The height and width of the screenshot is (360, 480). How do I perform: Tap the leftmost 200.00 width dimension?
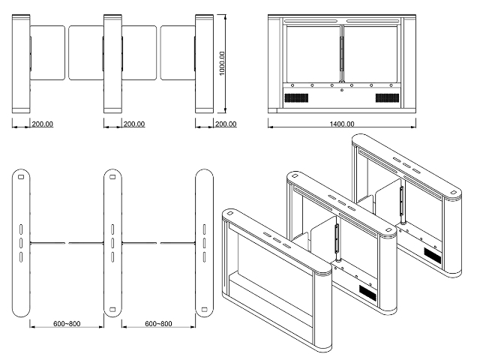[x=42, y=124]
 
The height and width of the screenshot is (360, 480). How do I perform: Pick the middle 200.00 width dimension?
[x=134, y=124]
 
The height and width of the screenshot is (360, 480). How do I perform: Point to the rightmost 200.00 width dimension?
[x=225, y=124]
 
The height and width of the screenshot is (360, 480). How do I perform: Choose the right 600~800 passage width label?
[x=158, y=323]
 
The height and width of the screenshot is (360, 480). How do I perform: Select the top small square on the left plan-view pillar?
[x=22, y=177]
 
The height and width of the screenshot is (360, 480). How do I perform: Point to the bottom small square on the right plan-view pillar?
[x=203, y=307]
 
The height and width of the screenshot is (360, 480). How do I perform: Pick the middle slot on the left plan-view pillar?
[x=22, y=242]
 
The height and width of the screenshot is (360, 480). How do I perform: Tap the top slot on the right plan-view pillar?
[x=203, y=228]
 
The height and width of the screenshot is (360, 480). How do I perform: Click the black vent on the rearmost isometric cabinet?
[x=432, y=255]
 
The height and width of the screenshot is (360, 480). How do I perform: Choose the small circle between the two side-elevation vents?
[x=341, y=90]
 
